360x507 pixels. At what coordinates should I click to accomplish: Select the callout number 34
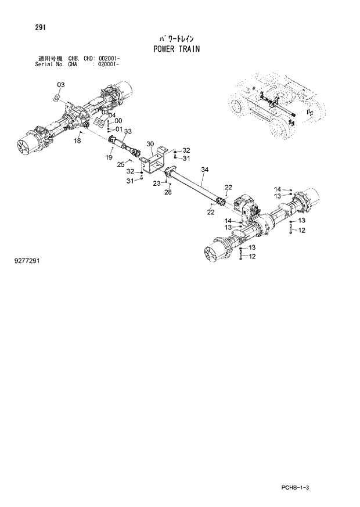pos(204,170)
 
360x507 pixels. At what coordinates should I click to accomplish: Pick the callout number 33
pos(128,131)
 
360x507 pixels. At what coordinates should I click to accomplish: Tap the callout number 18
pos(77,141)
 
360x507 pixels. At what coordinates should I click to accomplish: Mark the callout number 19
pos(109,157)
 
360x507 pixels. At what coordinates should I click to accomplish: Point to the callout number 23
pos(156,184)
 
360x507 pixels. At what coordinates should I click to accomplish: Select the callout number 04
pos(112,115)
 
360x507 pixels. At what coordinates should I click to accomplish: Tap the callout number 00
pos(118,121)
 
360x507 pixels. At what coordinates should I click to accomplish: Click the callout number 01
pos(118,129)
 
